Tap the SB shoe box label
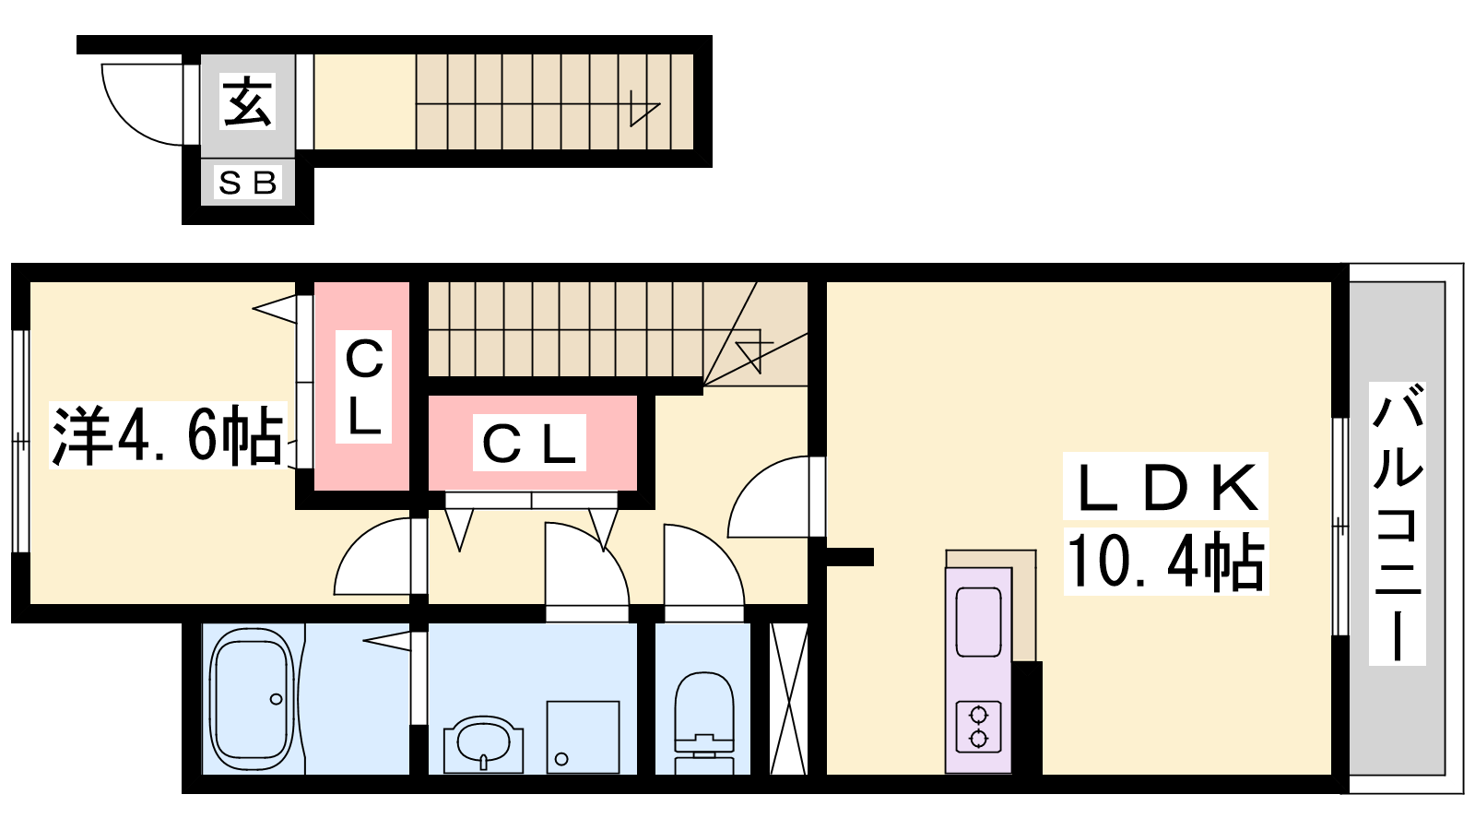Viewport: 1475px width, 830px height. tap(248, 183)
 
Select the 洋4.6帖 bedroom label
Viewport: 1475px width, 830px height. tap(168, 434)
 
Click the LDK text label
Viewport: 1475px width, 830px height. tap(1165, 486)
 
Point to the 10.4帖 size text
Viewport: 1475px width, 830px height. tap(1165, 561)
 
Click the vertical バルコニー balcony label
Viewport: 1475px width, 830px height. tap(1397, 523)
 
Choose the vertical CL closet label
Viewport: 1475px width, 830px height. tap(363, 386)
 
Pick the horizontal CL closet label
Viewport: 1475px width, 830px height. tap(529, 443)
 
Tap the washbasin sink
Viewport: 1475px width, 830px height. tap(483, 744)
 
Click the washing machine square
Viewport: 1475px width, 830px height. tap(583, 737)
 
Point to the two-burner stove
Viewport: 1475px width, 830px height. tap(978, 728)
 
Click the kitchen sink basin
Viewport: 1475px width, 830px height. tap(978, 622)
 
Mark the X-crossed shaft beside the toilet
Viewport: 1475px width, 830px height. tap(788, 698)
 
